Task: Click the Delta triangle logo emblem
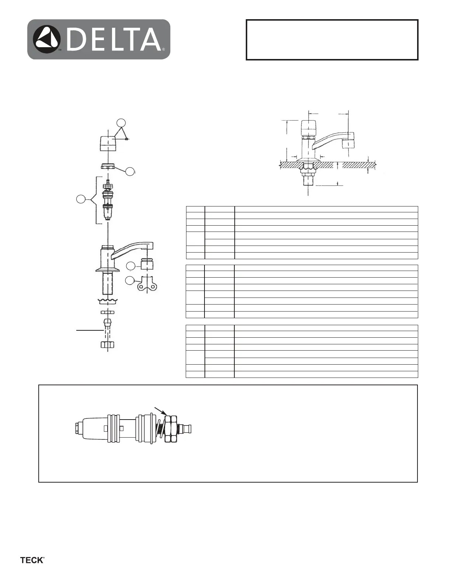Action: (x=47, y=39)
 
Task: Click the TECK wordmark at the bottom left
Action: (x=32, y=560)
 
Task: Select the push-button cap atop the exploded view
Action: (x=108, y=144)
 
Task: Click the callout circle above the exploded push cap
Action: (x=121, y=122)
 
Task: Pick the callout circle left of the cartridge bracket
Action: (x=81, y=199)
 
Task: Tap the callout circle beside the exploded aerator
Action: (x=130, y=266)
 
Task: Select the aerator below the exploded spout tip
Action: (x=147, y=264)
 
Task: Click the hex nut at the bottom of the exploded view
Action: (x=108, y=344)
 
